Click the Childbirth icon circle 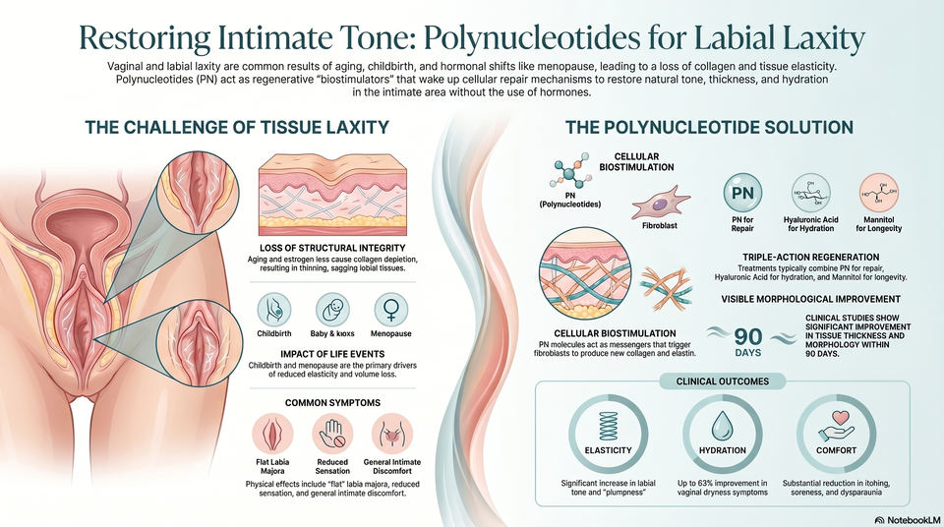click(x=274, y=310)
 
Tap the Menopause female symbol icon click(x=390, y=310)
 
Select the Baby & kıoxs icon click(x=332, y=310)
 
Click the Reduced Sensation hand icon click(x=332, y=434)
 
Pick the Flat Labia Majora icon click(x=272, y=434)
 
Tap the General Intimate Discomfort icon click(x=392, y=434)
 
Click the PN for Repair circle click(x=742, y=194)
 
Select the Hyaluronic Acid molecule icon click(x=810, y=194)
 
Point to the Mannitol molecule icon click(x=879, y=194)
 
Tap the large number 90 click(x=747, y=336)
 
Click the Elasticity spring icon click(x=608, y=426)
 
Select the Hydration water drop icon click(x=722, y=426)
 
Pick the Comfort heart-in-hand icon click(x=836, y=426)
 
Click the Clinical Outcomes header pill click(x=723, y=381)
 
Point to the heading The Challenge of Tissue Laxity click(x=237, y=127)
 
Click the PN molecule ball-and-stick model click(x=569, y=173)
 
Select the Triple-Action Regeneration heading click(x=810, y=258)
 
